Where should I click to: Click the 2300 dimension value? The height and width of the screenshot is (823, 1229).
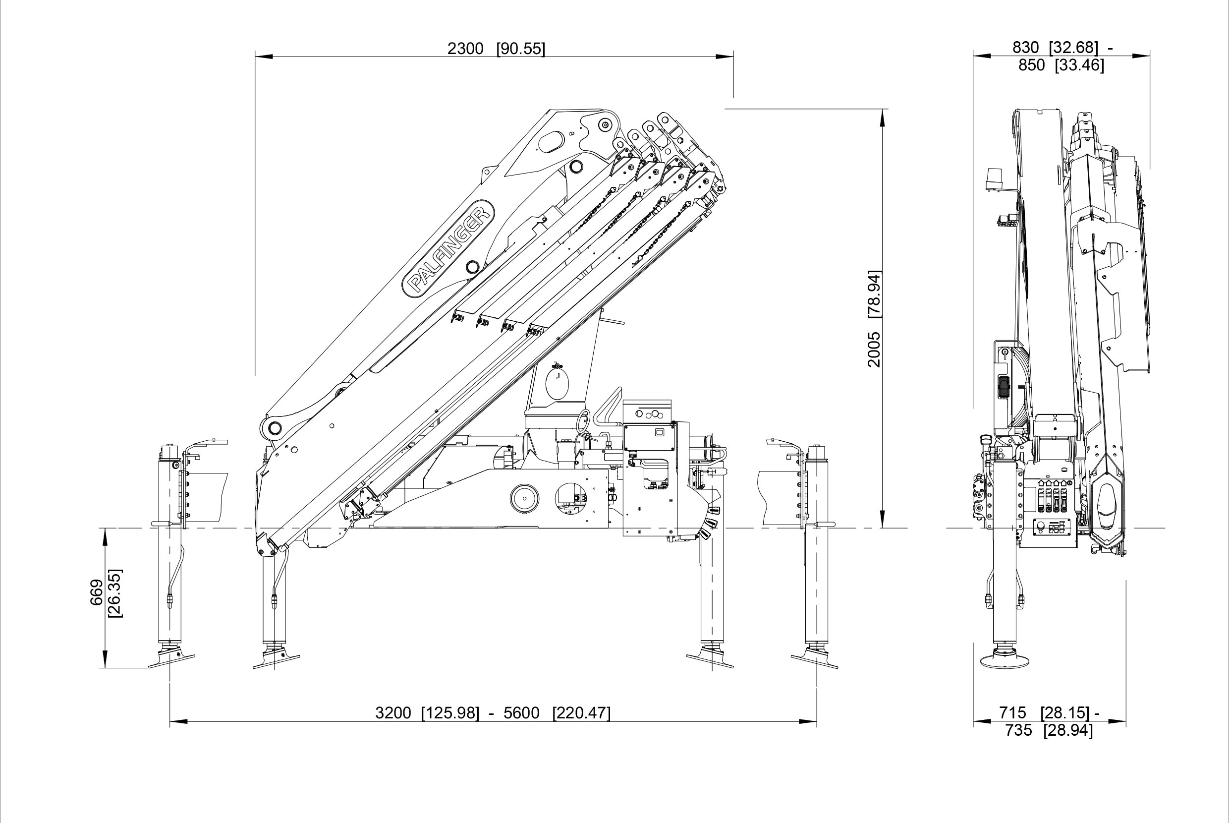465,49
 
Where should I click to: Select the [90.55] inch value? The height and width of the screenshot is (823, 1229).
520,49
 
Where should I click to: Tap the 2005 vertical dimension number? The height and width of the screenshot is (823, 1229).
874,349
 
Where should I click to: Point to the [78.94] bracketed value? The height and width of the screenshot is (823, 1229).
874,294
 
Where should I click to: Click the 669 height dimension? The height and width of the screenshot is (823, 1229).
98,592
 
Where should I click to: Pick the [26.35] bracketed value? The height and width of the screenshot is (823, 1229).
115,592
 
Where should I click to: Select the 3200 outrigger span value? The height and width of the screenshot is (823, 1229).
393,713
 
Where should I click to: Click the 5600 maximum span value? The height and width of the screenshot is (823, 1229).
521,713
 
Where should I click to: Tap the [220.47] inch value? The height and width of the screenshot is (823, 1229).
581,713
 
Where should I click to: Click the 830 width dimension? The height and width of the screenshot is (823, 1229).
1025,48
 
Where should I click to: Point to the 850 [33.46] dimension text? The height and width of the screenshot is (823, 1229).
1061,65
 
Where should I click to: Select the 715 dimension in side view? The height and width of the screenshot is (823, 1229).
1012,713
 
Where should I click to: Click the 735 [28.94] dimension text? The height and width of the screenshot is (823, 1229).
1049,730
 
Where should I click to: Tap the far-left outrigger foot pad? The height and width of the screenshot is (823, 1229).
171,660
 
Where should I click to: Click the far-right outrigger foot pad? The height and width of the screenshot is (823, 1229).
815,660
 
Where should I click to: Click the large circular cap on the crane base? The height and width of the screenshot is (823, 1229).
524,497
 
